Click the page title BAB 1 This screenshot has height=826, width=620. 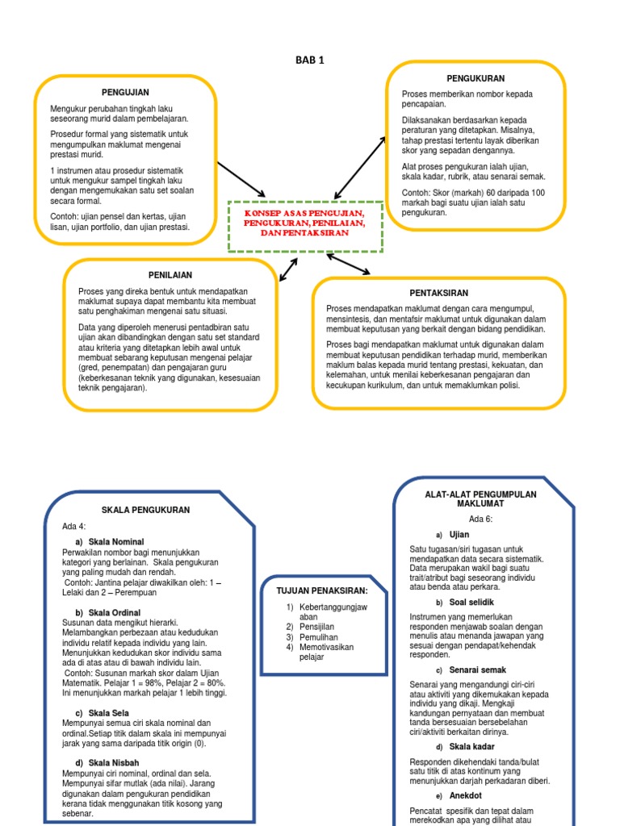tap(311, 60)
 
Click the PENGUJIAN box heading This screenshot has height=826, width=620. tap(125, 93)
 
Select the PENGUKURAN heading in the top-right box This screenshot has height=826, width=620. tap(475, 78)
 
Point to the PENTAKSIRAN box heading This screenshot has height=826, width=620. tap(438, 293)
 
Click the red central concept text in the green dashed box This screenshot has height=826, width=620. tap(304, 222)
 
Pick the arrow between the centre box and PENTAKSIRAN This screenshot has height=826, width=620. tap(349, 264)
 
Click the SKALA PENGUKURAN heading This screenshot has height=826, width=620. tap(145, 511)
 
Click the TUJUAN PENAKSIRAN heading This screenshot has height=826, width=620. tap(316, 590)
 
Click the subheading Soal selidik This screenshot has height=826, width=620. tap(471, 602)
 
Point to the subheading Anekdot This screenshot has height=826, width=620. tap(465, 795)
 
